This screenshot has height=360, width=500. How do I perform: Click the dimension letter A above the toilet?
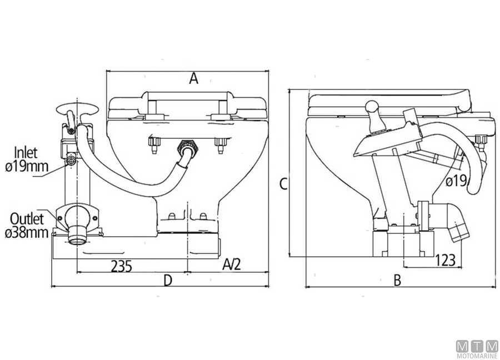[193, 78]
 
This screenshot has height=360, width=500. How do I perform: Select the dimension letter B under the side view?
[397, 281]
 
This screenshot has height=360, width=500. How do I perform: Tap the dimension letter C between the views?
[283, 184]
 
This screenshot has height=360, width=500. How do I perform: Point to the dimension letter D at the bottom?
[168, 281]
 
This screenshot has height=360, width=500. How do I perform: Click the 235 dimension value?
[121, 266]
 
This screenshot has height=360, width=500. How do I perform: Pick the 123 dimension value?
[446, 259]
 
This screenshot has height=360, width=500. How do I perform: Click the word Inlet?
[26, 152]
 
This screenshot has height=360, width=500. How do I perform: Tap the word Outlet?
[27, 219]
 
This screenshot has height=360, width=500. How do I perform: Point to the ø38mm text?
[27, 233]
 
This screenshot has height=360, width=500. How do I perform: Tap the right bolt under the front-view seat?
[221, 145]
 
